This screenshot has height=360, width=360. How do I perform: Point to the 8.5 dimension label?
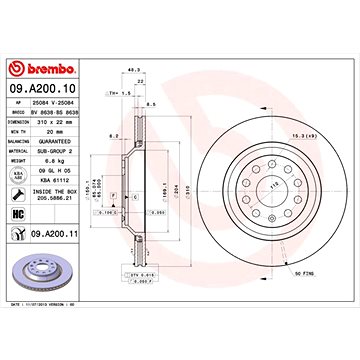point(149,103)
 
